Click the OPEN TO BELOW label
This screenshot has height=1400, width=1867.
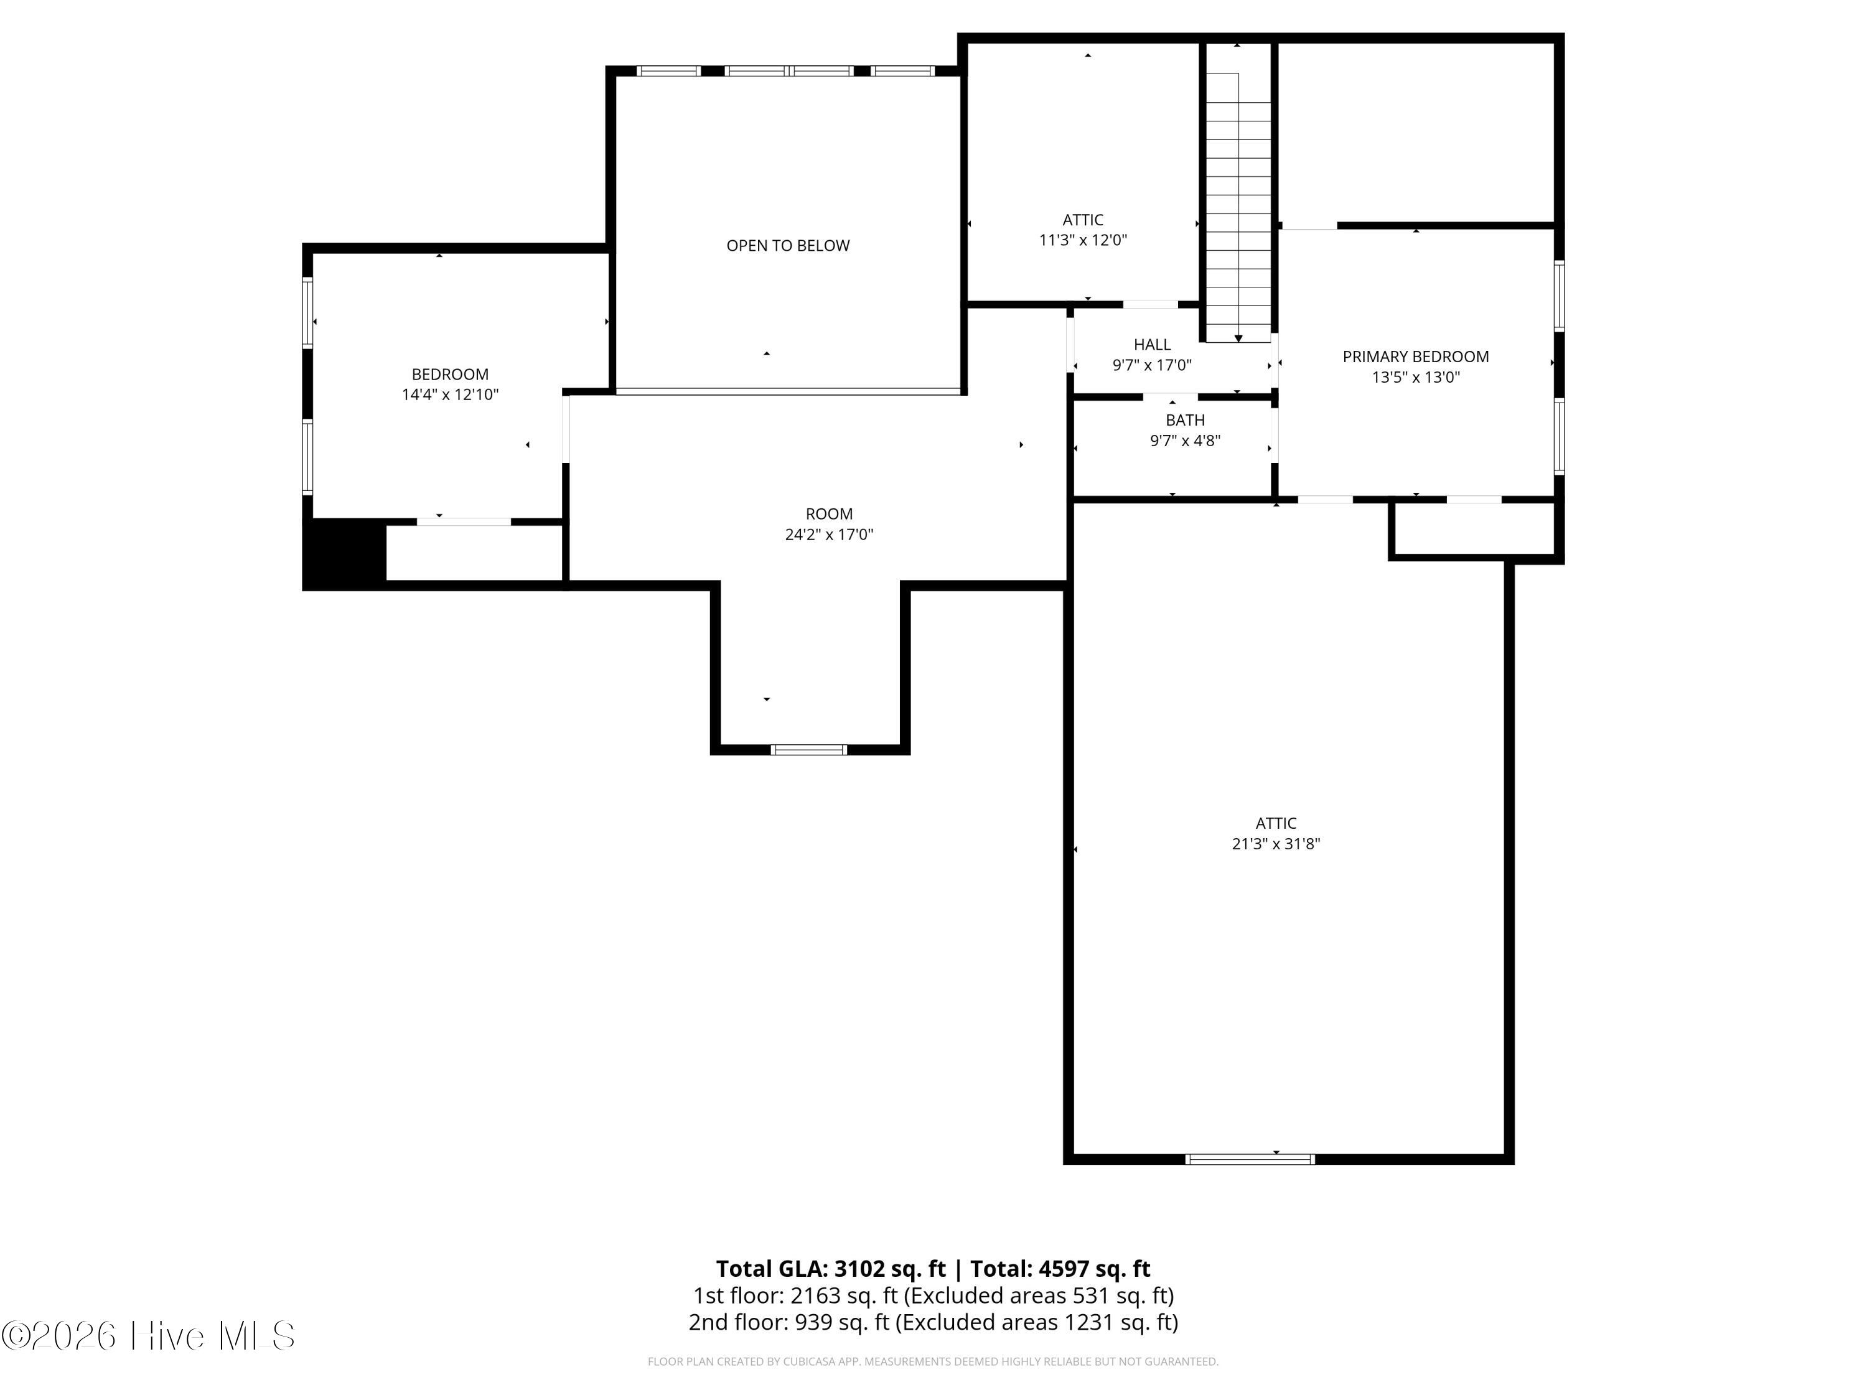pyautogui.click(x=787, y=246)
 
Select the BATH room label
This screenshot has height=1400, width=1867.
pyautogui.click(x=1185, y=420)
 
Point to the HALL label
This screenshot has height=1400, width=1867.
pyautogui.click(x=1152, y=344)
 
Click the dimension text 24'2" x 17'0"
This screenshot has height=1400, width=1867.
pyautogui.click(x=829, y=534)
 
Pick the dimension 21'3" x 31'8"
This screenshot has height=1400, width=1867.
pyautogui.click(x=1275, y=844)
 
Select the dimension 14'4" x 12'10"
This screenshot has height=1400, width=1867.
pyautogui.click(x=450, y=394)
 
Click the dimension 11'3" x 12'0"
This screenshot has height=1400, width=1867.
pyautogui.click(x=1083, y=240)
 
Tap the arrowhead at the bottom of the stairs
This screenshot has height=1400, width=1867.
pyautogui.click(x=1238, y=338)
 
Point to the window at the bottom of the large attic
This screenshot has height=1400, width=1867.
pyautogui.click(x=1250, y=1159)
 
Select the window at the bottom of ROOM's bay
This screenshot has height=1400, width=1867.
pyautogui.click(x=808, y=749)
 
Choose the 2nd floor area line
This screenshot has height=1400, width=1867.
pyautogui.click(x=933, y=1322)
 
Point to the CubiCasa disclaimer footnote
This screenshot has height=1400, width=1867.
pyautogui.click(x=933, y=1361)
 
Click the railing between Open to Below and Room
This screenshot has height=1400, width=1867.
pyautogui.click(x=788, y=391)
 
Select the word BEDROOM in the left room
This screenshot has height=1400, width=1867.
pyautogui.click(x=450, y=374)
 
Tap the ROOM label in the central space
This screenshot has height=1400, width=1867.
pyautogui.click(x=829, y=514)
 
